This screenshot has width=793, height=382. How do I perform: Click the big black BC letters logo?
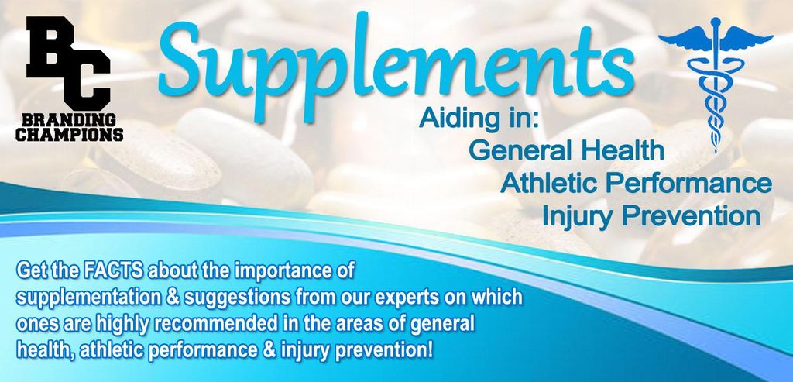coord(69,64)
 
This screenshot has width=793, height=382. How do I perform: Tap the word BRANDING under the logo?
coord(69,120)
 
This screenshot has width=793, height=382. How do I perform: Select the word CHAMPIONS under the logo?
coord(69,135)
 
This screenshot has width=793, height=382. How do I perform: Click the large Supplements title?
coord(396,66)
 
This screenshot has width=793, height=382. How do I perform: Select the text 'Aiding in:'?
coord(480,119)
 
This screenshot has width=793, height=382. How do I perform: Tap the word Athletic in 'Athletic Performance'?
coord(550,183)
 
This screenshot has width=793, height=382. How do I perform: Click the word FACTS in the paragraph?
coord(113,270)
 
